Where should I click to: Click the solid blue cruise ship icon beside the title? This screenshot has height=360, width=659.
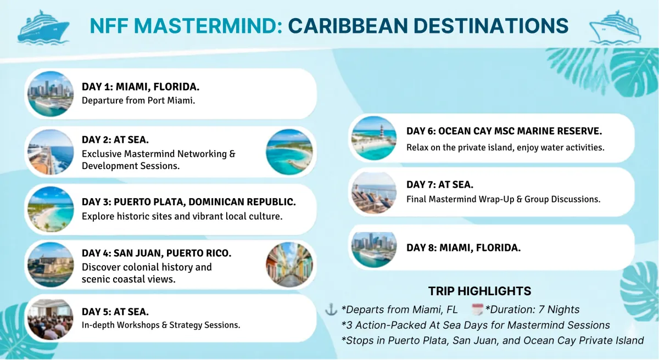click(x=43, y=27)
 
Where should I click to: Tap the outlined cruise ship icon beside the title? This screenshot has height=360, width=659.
click(x=615, y=27)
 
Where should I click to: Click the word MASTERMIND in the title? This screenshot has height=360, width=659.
click(x=208, y=26)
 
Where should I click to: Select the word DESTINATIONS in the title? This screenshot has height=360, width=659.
click(x=491, y=26)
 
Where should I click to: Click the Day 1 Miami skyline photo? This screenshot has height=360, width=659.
click(x=51, y=94)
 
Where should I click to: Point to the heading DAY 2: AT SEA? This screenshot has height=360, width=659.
click(x=115, y=139)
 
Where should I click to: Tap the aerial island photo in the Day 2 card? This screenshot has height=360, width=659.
click(x=289, y=152)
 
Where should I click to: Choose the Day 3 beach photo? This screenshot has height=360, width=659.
click(x=51, y=209)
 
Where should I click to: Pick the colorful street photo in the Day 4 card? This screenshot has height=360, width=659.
click(x=289, y=265)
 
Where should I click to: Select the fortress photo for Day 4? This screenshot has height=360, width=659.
click(x=51, y=265)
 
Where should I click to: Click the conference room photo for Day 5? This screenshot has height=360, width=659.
click(x=51, y=319)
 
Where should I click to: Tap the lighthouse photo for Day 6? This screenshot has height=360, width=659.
click(x=373, y=138)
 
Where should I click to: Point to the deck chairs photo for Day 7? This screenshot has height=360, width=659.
click(x=373, y=193)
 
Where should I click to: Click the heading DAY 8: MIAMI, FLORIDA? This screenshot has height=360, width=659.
click(x=463, y=248)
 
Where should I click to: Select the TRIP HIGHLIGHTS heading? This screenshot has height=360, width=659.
click(x=479, y=291)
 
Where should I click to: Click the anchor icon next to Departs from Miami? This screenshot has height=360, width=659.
click(x=331, y=310)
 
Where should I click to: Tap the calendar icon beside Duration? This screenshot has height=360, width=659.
click(x=477, y=310)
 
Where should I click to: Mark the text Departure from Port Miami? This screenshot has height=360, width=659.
click(x=138, y=100)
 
